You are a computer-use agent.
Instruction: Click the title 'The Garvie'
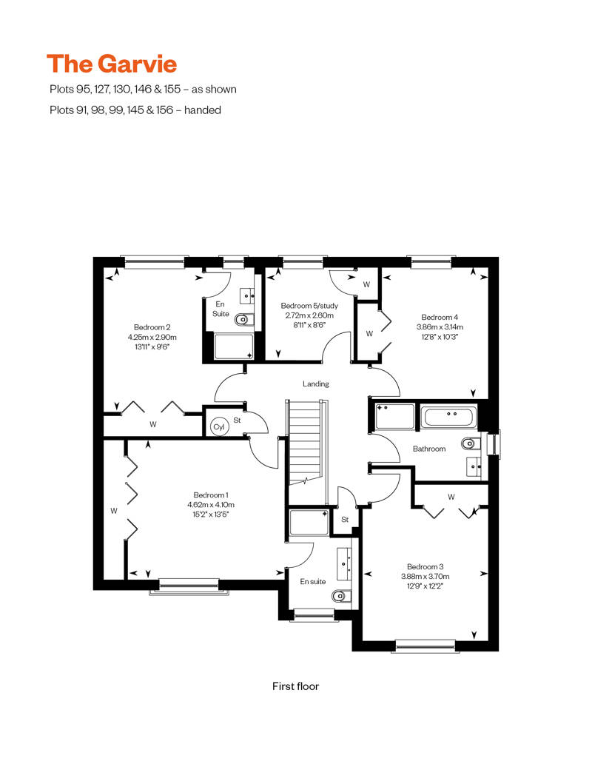click(112, 64)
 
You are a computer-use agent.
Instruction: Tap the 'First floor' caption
click(296, 686)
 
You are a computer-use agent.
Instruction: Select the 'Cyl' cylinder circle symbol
click(219, 427)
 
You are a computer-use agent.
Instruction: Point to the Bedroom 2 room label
click(152, 327)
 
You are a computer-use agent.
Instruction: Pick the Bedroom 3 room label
click(425, 566)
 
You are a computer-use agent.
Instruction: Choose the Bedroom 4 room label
click(440, 317)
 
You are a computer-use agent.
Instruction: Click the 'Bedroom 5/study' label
click(309, 306)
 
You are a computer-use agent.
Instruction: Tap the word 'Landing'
click(316, 384)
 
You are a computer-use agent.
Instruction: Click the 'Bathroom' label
click(429, 449)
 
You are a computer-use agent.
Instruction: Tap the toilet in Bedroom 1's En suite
click(340, 596)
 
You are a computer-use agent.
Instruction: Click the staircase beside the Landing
click(305, 442)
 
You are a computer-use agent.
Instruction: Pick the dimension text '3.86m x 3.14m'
click(440, 326)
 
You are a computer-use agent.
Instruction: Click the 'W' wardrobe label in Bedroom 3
click(451, 497)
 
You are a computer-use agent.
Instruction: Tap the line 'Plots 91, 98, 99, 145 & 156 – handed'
click(135, 110)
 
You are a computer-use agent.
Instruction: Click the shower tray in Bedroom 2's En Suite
click(234, 346)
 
